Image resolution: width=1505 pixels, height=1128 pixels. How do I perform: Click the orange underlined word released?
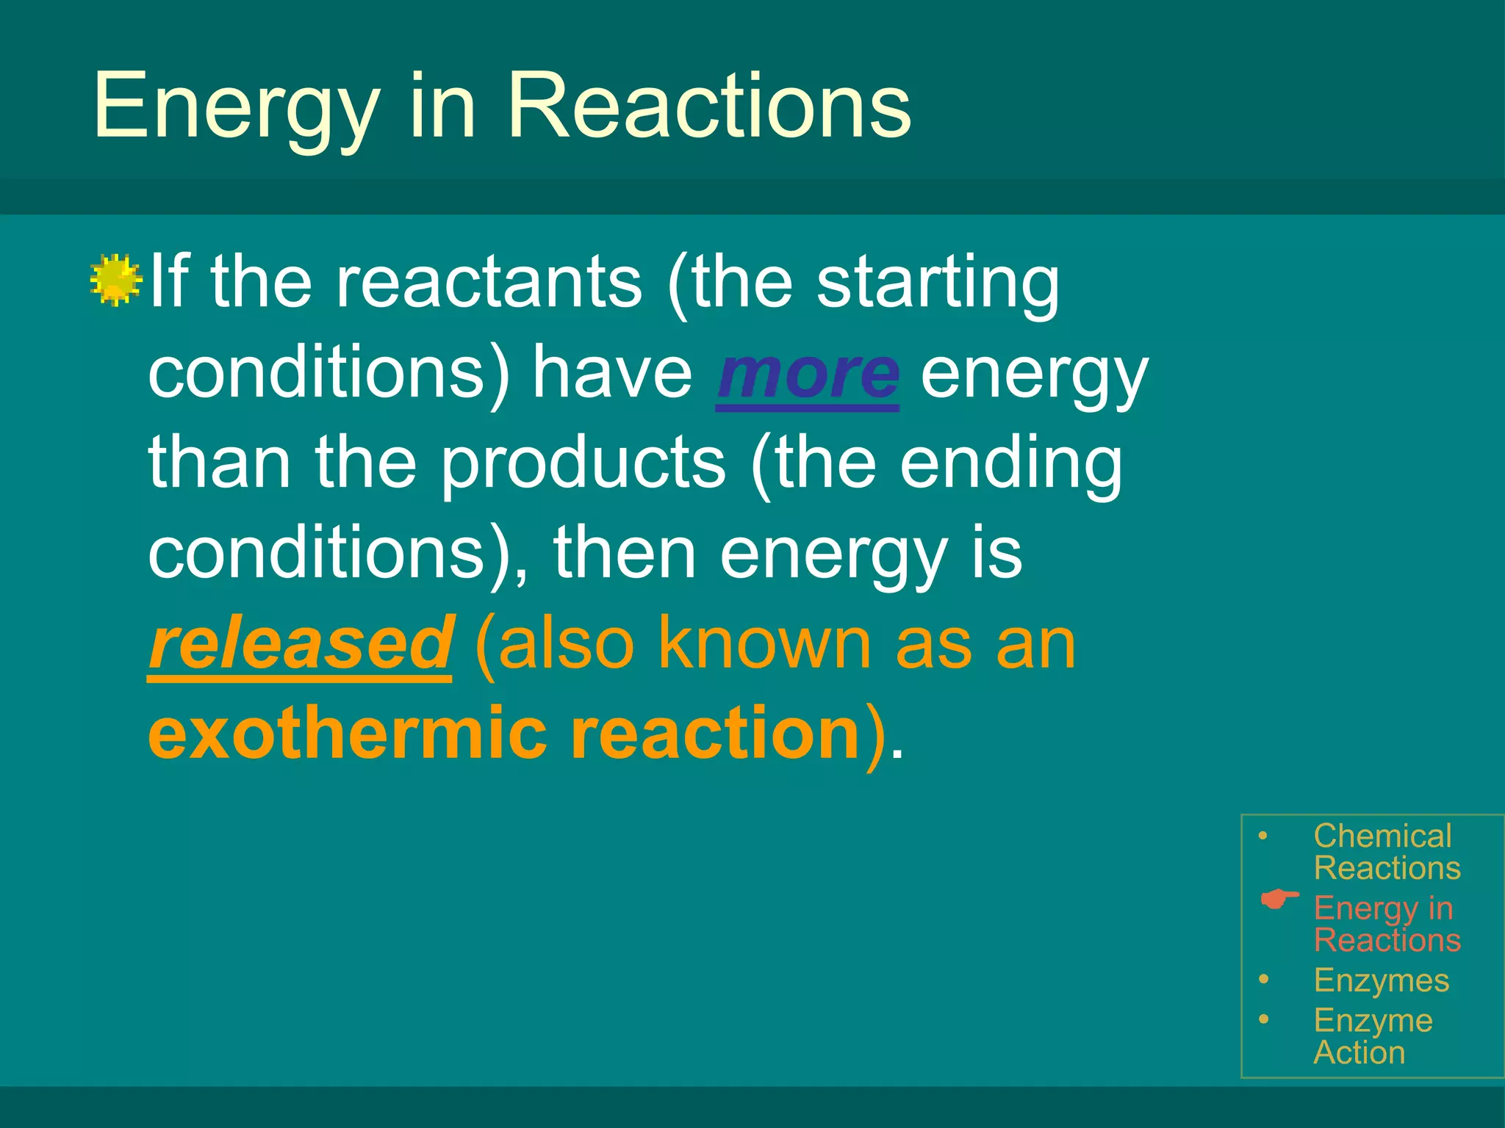pyautogui.click(x=300, y=645)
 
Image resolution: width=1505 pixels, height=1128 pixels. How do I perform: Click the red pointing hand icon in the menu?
pyautogui.click(x=1279, y=900)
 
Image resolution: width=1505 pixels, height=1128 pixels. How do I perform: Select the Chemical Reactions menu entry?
pyautogui.click(x=1385, y=852)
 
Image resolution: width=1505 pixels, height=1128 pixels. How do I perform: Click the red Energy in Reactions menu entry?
pyautogui.click(x=1385, y=924)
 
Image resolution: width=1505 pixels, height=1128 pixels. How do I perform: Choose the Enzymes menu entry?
pyautogui.click(x=1381, y=980)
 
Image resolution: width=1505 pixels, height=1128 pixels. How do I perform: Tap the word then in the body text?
pyautogui.click(x=624, y=554)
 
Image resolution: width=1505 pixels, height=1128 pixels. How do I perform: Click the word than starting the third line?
pyautogui.click(x=220, y=464)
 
